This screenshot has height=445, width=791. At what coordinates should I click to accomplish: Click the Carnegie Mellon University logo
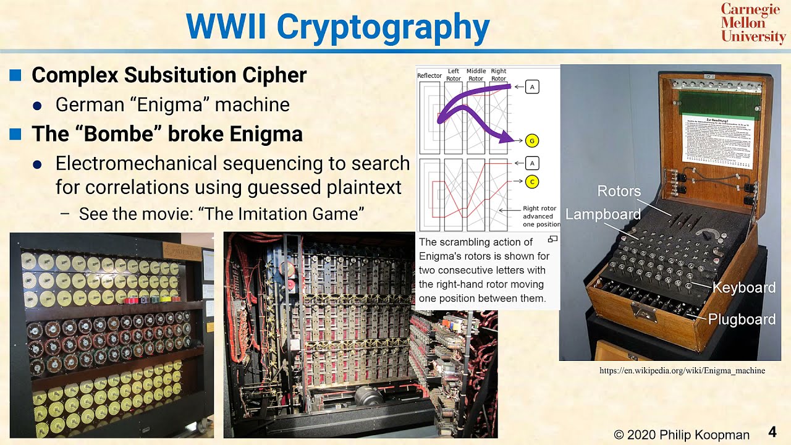click(753, 23)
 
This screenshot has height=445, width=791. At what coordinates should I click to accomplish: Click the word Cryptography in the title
click(383, 27)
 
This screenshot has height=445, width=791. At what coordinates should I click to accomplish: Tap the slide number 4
click(772, 431)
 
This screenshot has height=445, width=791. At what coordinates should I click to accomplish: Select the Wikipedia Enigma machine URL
click(682, 371)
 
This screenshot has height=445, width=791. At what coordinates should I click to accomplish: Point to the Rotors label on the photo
click(619, 192)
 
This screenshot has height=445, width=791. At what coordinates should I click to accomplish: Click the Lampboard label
click(603, 214)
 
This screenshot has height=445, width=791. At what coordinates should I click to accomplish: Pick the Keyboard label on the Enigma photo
click(743, 287)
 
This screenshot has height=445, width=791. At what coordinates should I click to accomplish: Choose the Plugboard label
click(742, 320)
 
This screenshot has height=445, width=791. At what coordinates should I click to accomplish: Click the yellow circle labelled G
click(531, 141)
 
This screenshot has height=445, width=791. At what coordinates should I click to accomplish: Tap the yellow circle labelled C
click(531, 182)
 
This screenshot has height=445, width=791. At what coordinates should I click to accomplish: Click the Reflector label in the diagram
click(429, 75)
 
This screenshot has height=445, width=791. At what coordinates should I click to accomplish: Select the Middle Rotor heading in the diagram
click(476, 75)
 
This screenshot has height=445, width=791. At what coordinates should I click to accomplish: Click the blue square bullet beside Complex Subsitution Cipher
click(15, 75)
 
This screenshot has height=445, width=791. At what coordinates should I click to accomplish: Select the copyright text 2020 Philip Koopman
click(682, 435)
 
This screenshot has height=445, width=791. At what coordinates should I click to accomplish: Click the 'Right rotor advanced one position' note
click(541, 216)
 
